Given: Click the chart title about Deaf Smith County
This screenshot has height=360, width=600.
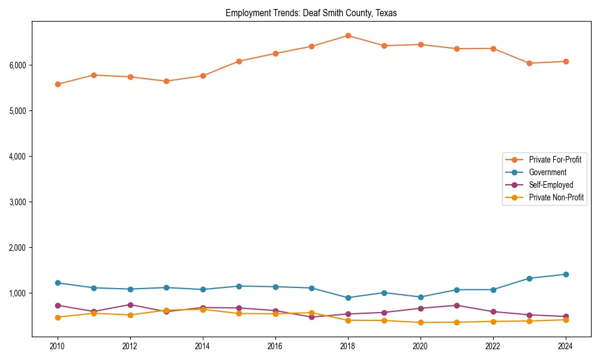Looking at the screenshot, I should coord(311,13).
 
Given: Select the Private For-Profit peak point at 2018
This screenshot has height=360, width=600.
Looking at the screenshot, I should coord(348,36).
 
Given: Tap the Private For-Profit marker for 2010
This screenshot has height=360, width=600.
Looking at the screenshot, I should coord(58,85).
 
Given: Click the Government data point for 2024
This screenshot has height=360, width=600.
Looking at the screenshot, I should coord(566,274).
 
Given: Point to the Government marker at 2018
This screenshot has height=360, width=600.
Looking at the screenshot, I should coord(348,298).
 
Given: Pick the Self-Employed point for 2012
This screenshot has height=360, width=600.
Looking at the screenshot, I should coord(130,305).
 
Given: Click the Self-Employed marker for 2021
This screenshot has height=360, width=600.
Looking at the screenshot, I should coord(457,305).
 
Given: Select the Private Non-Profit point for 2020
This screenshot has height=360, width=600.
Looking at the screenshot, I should coord(421,322).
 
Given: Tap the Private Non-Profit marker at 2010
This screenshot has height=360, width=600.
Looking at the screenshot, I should coord(58,317).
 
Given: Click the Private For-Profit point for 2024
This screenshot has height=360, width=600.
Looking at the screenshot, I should coord(566,61).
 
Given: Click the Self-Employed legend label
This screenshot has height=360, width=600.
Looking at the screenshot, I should coord(551,185).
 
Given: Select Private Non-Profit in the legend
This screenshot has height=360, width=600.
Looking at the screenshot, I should coord(556,197).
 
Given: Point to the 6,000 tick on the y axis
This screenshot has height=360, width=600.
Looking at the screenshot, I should coord(17,65).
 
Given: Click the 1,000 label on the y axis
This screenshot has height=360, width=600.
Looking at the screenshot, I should coord(17,293).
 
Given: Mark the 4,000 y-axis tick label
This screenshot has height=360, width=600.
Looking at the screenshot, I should coord(17,157).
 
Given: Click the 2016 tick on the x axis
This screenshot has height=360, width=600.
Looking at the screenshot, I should coord(275,346).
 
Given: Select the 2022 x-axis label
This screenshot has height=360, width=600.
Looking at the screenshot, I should coord(493,346).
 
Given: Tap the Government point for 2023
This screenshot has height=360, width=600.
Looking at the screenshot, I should coord(529,278).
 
